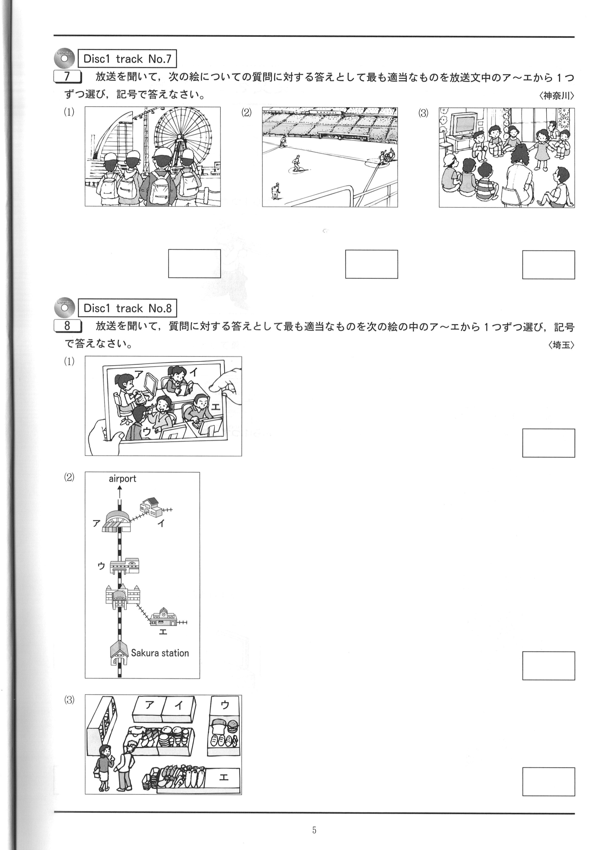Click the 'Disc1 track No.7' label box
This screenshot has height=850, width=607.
pyautogui.click(x=127, y=59)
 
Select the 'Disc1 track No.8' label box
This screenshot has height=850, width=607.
pyautogui.click(x=127, y=308)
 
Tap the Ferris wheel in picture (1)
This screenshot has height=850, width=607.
pyautogui.click(x=182, y=140)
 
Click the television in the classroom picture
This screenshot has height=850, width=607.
pyautogui.click(x=463, y=125)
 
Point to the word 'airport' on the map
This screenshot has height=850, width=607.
pyautogui.click(x=122, y=479)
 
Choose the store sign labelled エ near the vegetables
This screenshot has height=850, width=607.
pyautogui.click(x=223, y=777)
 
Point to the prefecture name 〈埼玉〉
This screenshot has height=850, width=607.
pyautogui.click(x=561, y=345)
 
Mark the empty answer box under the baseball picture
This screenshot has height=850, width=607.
pyautogui.click(x=371, y=264)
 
